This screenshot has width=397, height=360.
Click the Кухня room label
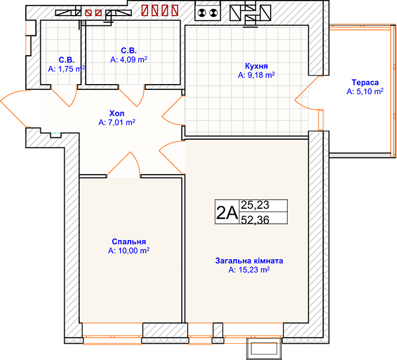pos(256,66)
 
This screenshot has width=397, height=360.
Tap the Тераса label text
pos(365,82)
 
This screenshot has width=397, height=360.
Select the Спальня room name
pos(129,241)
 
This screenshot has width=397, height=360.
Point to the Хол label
pos(117,113)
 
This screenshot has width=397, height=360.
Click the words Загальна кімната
pos(249,260)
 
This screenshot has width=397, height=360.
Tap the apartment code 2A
pos(227,212)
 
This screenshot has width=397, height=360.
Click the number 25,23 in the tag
pos(255,205)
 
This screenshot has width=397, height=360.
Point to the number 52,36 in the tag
pos(255,220)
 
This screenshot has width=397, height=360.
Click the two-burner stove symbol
pos(207,12)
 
